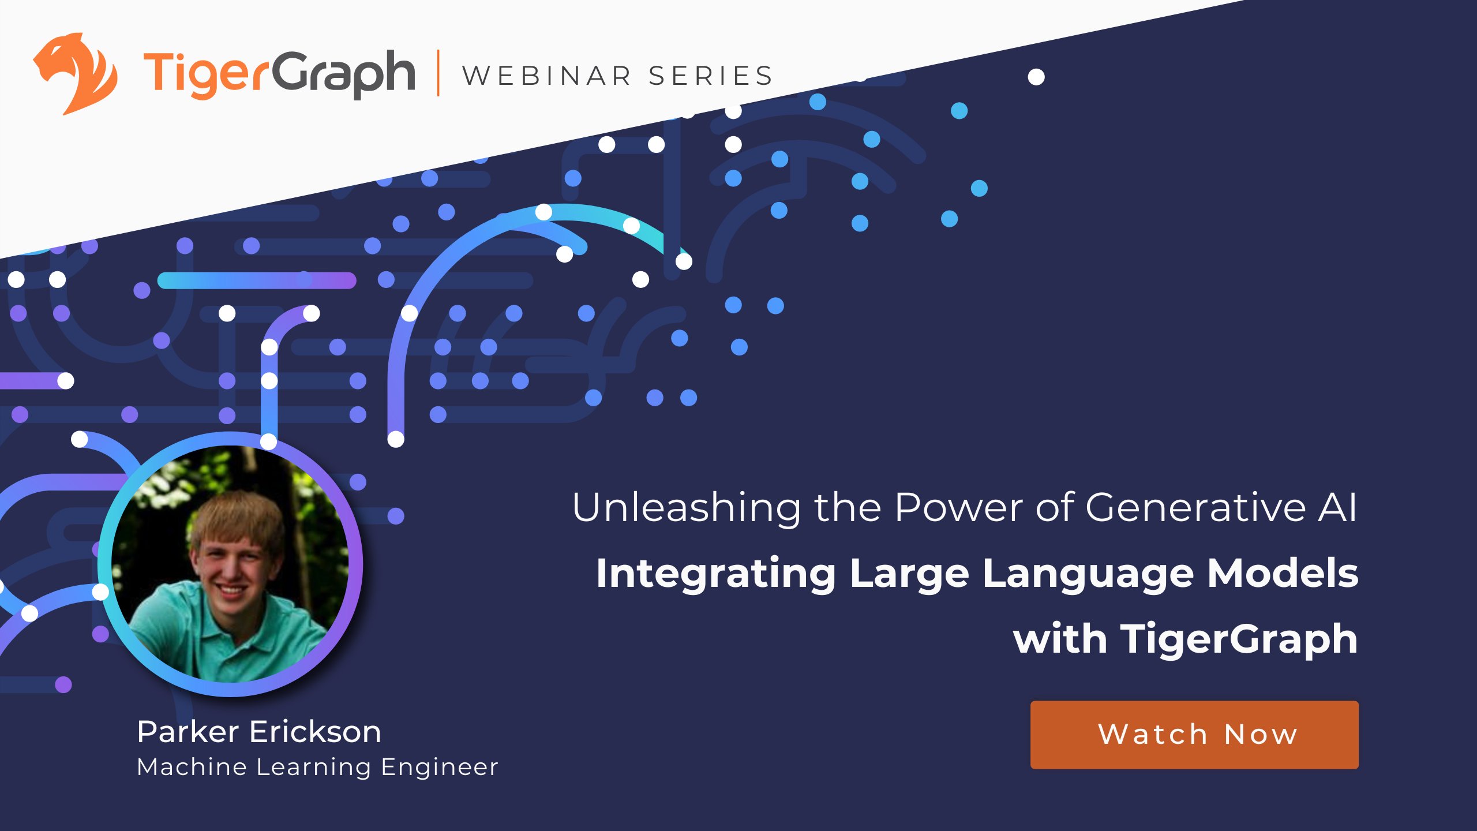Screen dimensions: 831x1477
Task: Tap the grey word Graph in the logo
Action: (x=343, y=75)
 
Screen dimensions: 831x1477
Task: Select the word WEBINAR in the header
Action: (x=547, y=76)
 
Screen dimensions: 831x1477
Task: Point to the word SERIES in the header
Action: (x=710, y=76)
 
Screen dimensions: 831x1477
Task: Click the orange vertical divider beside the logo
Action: (x=438, y=73)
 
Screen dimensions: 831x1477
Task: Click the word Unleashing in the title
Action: (x=687, y=508)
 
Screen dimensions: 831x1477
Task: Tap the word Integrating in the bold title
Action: (x=715, y=575)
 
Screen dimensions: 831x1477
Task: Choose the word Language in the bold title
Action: (x=1088, y=575)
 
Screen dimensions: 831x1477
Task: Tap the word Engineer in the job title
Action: (x=440, y=768)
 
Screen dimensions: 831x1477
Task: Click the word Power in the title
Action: (x=958, y=508)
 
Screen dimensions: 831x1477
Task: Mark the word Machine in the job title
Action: (x=192, y=768)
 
